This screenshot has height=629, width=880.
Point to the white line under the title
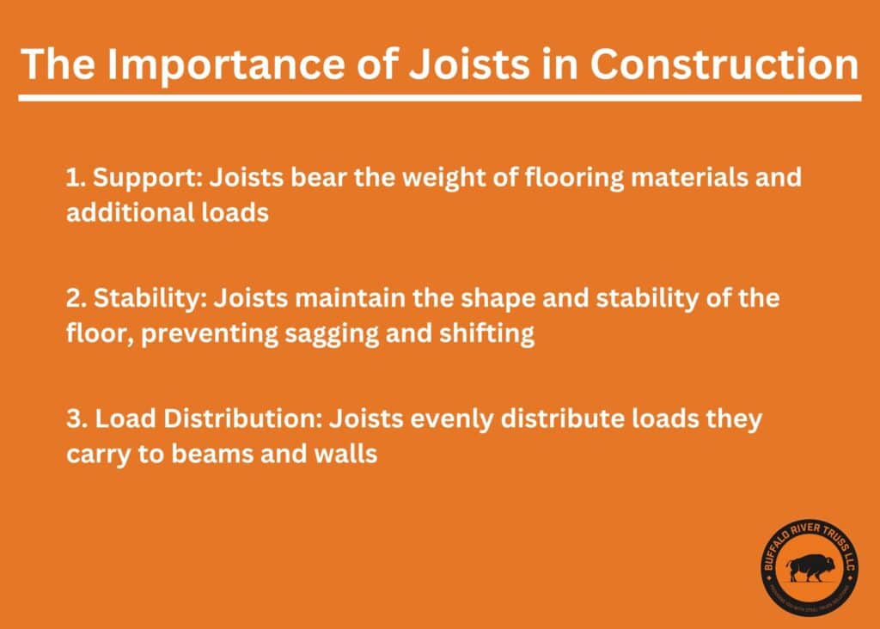(x=439, y=98)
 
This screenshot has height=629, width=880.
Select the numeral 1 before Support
(x=72, y=178)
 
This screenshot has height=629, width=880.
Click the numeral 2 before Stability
(x=74, y=299)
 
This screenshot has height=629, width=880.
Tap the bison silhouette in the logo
(x=809, y=567)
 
